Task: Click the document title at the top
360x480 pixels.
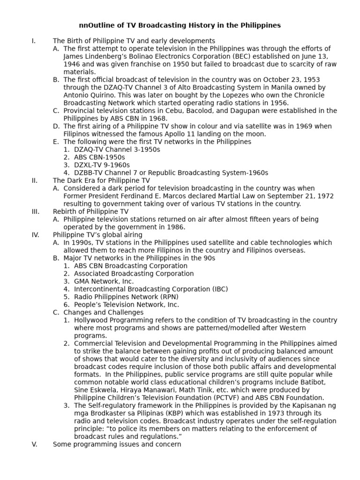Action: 180,25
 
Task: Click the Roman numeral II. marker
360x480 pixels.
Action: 34,180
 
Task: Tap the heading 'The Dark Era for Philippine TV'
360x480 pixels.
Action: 101,180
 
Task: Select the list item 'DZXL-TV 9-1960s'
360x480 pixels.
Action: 102,165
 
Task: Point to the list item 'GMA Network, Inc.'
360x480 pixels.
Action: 104,281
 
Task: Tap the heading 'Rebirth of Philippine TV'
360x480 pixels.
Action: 90,211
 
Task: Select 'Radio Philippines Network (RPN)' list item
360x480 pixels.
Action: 126,297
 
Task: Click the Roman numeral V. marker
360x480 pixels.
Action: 34,444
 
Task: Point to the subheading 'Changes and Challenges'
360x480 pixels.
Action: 103,312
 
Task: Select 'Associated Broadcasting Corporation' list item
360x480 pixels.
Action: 134,273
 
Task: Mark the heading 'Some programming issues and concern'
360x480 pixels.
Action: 117,444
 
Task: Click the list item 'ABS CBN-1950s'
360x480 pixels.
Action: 99,157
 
